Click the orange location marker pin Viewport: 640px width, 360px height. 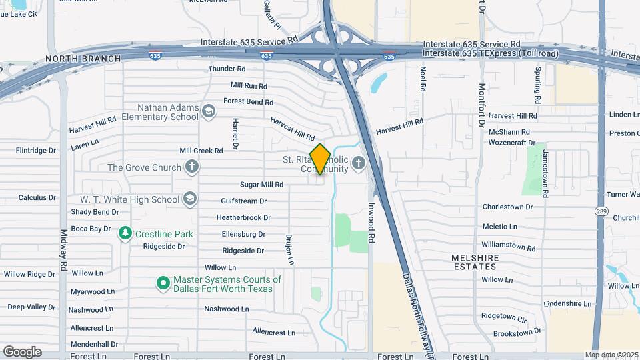pos(321,159)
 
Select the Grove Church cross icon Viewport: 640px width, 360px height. pos(192,167)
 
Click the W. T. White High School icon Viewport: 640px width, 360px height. pos(190,199)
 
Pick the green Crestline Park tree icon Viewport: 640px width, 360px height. pos(125,233)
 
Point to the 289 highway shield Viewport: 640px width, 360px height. pos(600,210)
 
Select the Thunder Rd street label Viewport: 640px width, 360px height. pos(227,69)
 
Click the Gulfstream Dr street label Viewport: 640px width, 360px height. pos(243,201)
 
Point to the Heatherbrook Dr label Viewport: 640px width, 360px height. pos(243,217)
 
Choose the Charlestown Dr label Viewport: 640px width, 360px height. pos(507,207)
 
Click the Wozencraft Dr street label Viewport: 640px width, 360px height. pos(512,143)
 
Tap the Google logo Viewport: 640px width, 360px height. pos(22,352)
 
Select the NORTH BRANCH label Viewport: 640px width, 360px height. pos(83,59)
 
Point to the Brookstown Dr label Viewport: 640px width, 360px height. pos(517,332)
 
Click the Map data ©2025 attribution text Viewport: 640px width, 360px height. pos(611,355)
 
